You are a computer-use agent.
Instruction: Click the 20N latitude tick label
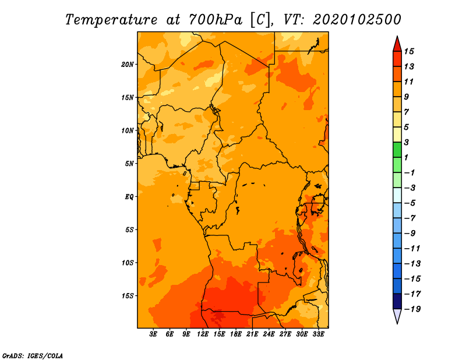[128, 65]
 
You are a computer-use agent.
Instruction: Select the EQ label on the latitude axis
[129, 197]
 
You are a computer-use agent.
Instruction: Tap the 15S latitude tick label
[128, 296]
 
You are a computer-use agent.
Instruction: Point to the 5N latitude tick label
[129, 164]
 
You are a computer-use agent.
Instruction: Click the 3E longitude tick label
[153, 334]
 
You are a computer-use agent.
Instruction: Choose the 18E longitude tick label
[236, 334]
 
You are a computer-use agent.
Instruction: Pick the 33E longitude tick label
[318, 334]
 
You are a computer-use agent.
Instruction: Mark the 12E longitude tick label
[203, 334]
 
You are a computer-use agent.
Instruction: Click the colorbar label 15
[409, 51]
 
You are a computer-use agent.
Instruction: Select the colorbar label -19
[412, 309]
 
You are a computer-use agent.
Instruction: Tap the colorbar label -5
[409, 203]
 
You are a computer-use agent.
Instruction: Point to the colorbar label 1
[407, 157]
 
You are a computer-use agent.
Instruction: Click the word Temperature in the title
[111, 20]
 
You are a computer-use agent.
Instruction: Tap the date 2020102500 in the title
[357, 20]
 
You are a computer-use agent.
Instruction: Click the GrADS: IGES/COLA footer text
[33, 355]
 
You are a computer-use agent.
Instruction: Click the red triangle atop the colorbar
[397, 45]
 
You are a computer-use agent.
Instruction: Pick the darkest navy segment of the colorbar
[397, 301]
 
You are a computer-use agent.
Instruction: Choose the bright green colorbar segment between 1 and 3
[397, 150]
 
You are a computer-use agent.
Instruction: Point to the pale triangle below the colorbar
[397, 315]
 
